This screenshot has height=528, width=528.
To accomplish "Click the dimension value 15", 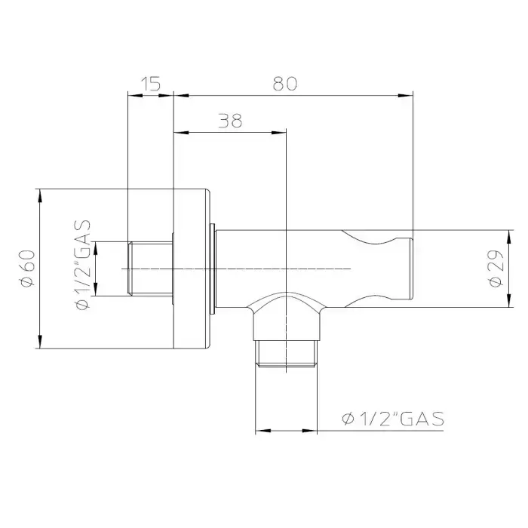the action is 151,84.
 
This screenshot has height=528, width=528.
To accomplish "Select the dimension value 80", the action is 285,84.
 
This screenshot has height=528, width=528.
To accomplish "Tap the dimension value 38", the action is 230,121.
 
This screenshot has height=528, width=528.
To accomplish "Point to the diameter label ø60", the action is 28,269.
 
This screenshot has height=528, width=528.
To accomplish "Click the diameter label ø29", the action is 496,269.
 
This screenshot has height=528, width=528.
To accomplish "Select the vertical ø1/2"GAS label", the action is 82,265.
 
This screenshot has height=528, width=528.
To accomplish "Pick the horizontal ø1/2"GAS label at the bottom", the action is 393,419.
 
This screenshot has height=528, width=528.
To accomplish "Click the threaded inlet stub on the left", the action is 150,269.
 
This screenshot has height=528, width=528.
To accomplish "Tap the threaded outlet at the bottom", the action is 286,354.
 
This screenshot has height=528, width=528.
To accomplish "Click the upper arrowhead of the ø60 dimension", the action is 40,195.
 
